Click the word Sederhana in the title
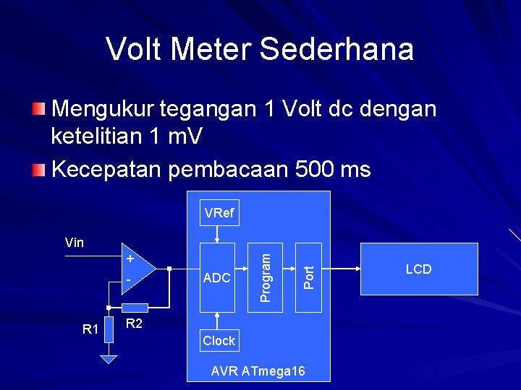(336, 49)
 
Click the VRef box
(219, 213)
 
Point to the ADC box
(217, 278)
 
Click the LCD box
(418, 269)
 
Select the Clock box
(219, 340)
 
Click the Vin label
(75, 243)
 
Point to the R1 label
(90, 329)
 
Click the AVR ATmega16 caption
(258, 371)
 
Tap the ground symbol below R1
(109, 359)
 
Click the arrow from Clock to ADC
(218, 321)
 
